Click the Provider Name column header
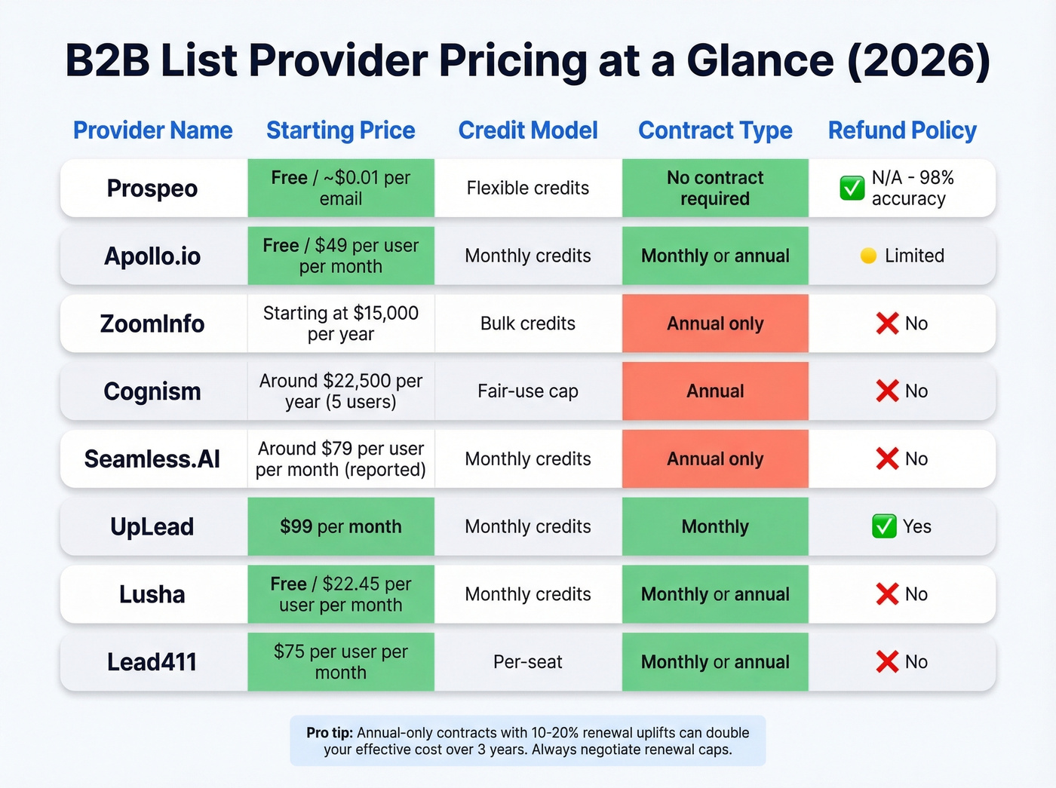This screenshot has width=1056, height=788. tap(152, 130)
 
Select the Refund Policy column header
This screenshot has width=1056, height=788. tap(902, 130)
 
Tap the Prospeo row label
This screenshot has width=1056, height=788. tap(152, 189)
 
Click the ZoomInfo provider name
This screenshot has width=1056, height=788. tap(152, 323)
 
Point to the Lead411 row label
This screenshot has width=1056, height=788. tap(152, 662)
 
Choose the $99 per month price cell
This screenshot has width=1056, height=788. tap(341, 526)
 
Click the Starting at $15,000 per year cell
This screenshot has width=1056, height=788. tap(341, 323)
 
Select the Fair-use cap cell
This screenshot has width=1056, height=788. tap(528, 391)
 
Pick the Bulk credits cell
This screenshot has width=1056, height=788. tap(528, 323)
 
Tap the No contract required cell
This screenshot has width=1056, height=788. tap(715, 189)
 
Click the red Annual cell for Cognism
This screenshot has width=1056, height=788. tap(715, 391)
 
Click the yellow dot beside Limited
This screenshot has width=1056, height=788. tap(868, 256)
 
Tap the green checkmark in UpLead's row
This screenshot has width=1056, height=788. tap(884, 526)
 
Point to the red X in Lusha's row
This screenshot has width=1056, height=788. tap(887, 594)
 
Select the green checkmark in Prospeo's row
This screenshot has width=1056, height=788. tap(852, 188)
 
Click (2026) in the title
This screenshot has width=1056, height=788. tap(919, 60)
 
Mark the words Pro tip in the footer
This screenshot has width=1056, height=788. tap(330, 733)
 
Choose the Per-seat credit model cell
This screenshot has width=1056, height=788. tap(528, 662)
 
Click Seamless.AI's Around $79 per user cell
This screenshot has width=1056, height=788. tap(341, 459)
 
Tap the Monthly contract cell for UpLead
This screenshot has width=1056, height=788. tap(715, 526)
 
